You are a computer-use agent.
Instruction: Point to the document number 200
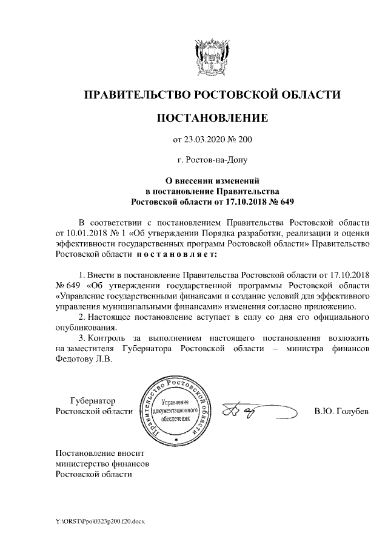click(243, 140)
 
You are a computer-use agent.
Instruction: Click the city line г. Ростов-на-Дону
click(212, 160)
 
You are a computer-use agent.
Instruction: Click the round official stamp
click(177, 409)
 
